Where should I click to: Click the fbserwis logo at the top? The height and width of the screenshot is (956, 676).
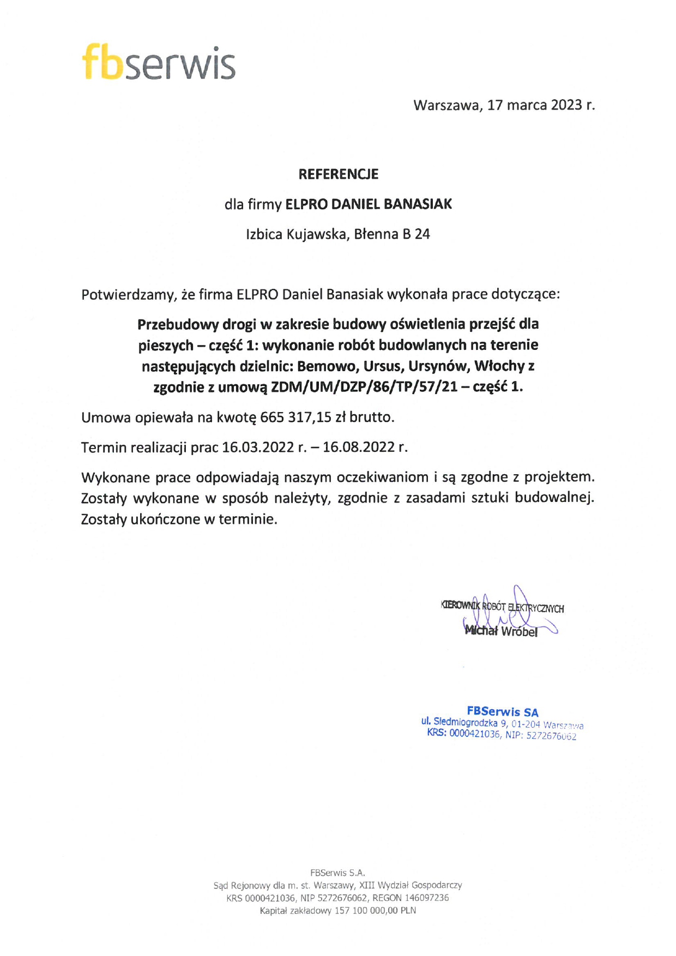pos(159,63)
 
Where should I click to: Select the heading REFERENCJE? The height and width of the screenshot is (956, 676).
pos(338,174)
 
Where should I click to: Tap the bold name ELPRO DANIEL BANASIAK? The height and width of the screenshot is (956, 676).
pos(369,204)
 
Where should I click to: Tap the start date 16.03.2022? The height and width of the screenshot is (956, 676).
pos(258,447)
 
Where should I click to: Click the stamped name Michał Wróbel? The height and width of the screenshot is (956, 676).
pos(500,631)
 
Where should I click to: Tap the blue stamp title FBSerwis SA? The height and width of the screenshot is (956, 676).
pos(502,711)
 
